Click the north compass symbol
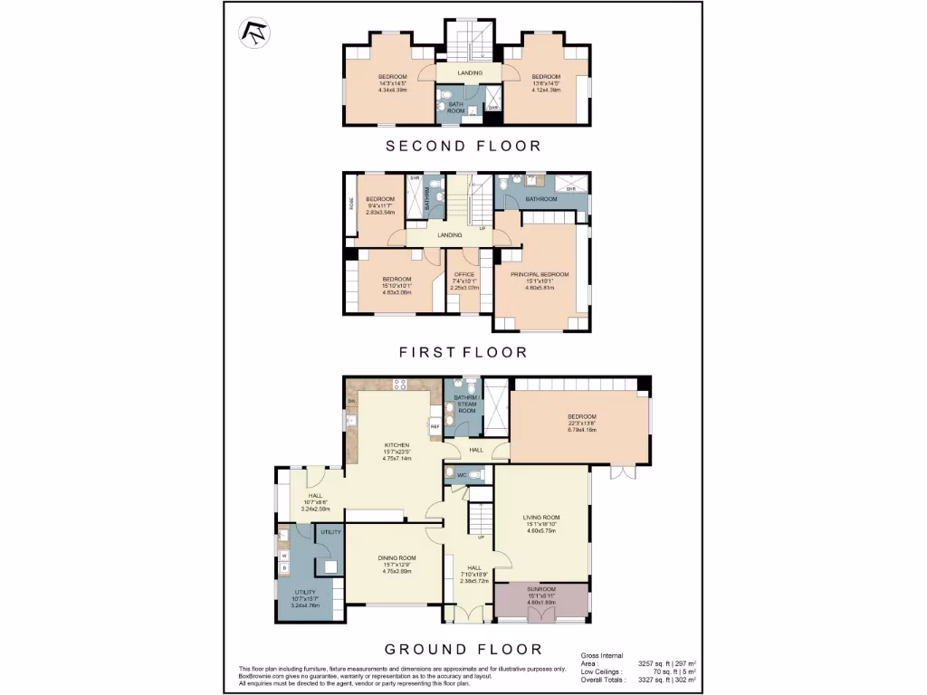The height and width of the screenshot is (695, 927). point(252,33)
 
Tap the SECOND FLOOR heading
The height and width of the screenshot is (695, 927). point(463,146)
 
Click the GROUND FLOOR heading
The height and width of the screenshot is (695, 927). point(463,649)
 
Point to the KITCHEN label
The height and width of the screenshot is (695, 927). point(397,445)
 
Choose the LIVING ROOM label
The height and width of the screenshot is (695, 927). point(541,518)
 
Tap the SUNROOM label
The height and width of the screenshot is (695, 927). point(541,589)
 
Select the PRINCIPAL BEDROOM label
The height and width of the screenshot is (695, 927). point(540,274)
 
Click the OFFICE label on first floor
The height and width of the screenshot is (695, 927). point(464,274)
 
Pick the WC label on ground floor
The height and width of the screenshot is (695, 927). point(462,475)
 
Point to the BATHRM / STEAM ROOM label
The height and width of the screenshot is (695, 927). point(466,404)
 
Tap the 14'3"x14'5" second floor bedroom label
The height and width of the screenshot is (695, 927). point(392,76)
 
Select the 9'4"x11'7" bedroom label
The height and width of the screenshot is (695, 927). point(379,199)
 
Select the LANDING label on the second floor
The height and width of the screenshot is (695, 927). point(470,72)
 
